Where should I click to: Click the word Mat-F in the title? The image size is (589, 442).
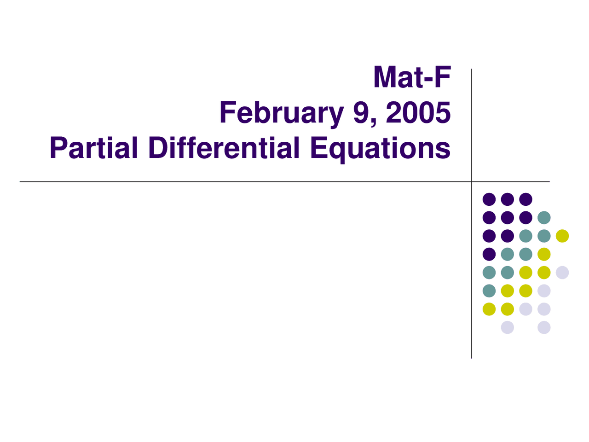(x=412, y=77)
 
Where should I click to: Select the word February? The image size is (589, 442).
(x=282, y=113)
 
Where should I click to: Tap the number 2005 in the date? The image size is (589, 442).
(x=418, y=112)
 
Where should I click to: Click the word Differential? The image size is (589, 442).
(x=224, y=147)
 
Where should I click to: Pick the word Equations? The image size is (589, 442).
(x=381, y=150)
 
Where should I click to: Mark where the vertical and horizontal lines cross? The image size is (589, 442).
(x=471, y=182)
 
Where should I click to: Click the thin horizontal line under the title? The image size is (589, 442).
(x=285, y=182)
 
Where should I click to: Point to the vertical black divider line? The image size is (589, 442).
(x=471, y=213)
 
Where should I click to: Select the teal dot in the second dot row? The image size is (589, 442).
(x=544, y=217)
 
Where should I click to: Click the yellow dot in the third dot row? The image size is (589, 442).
(x=562, y=236)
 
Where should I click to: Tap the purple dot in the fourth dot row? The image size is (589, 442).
(x=489, y=254)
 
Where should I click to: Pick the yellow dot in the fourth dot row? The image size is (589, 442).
(x=544, y=254)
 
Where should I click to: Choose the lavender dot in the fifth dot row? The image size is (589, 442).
(x=562, y=273)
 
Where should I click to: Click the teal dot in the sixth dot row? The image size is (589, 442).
(x=489, y=291)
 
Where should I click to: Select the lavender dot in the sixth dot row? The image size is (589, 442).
(x=544, y=291)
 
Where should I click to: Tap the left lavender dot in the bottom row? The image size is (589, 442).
(x=507, y=327)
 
